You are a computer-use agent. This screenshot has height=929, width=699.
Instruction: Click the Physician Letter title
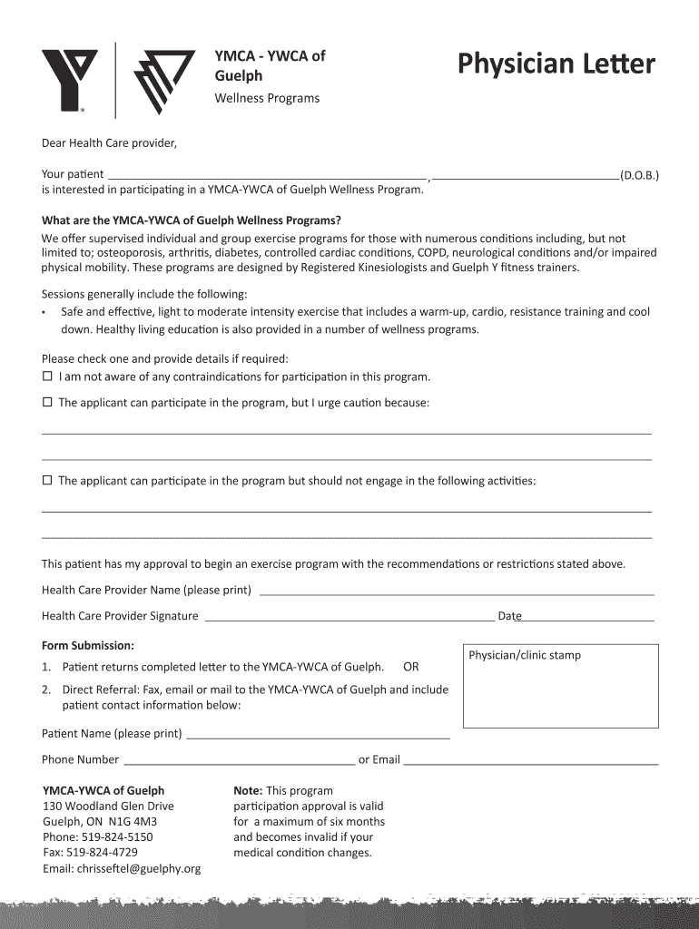point(556,65)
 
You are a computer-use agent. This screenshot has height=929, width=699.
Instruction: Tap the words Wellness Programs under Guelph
point(267,98)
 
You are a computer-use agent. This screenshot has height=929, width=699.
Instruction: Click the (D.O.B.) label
point(639,175)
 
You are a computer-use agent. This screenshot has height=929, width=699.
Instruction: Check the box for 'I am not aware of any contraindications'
point(48,376)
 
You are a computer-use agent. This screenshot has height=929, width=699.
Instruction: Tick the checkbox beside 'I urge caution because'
point(48,402)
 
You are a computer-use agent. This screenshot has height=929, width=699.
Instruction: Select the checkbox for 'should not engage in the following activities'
point(48,481)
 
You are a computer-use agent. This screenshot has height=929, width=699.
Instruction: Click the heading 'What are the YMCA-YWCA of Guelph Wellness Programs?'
point(192,220)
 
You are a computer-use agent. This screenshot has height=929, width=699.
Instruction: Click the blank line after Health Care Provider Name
point(457,592)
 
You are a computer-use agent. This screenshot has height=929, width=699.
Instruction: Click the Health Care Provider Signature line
point(349,617)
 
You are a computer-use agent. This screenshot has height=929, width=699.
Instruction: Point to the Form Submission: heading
point(88,646)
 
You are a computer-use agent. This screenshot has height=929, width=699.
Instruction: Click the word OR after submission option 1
point(411,667)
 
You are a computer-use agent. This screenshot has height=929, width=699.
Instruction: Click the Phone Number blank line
point(239,760)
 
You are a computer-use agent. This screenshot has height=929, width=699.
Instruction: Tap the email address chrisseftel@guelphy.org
point(138,869)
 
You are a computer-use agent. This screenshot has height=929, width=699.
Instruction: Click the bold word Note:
point(248,790)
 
